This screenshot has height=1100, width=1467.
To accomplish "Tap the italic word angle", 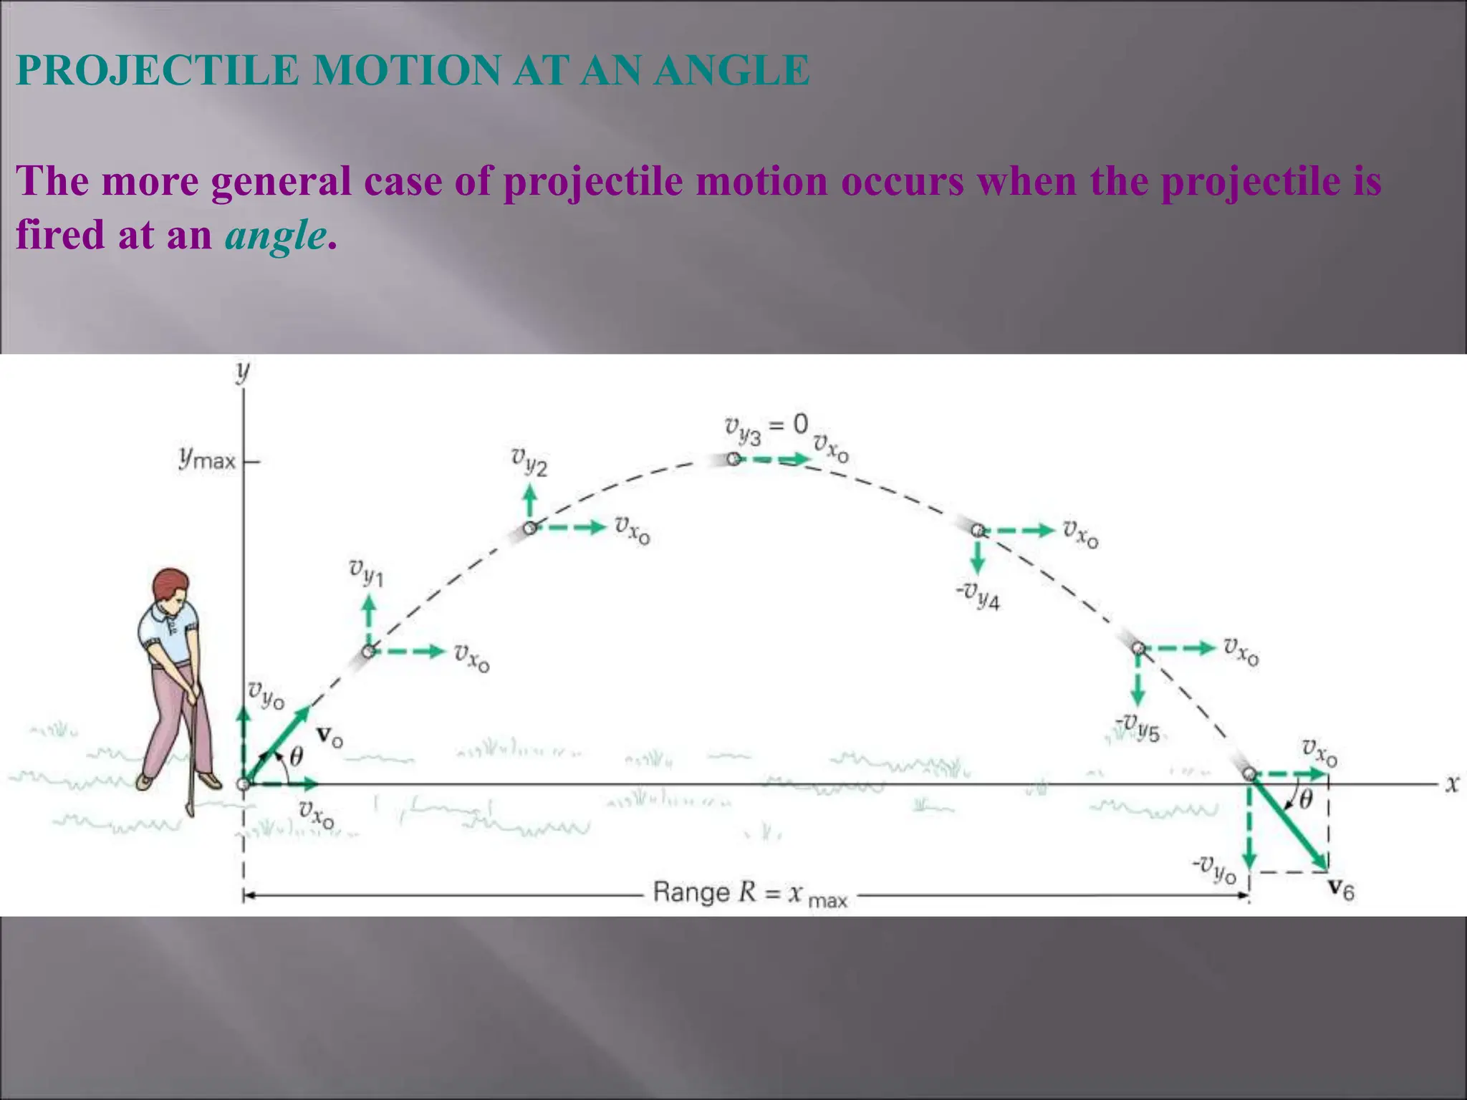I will (276, 235).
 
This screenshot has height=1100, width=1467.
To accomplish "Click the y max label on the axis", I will (207, 458).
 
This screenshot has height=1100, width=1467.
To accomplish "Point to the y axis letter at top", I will (244, 372).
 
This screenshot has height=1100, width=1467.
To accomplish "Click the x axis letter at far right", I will (1451, 783).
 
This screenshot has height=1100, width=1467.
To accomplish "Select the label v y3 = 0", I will (765, 429).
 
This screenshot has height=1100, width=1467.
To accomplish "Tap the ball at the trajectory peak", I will (733, 459).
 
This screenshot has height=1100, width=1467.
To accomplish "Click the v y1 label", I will (366, 572).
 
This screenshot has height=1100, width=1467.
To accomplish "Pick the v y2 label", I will (529, 461).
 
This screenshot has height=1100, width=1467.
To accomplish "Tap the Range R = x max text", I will (749, 894).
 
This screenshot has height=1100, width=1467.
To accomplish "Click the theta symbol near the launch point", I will (295, 756).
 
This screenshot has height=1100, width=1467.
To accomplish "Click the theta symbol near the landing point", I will (1305, 799).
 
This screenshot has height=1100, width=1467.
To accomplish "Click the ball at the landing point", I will (1249, 774).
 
